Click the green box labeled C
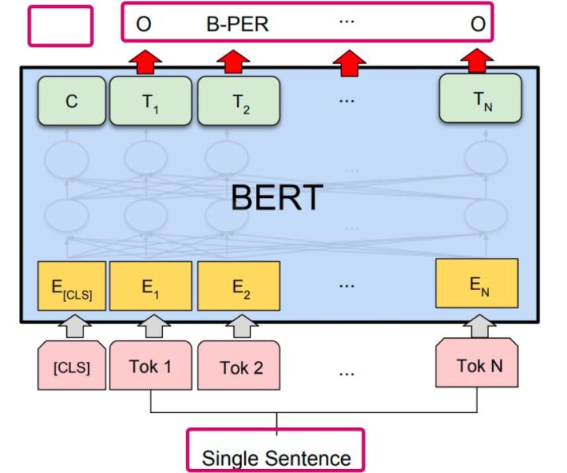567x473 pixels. tap(72, 102)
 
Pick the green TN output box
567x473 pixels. tap(480, 98)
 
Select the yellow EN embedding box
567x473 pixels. tap(476, 281)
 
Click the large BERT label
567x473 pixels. tap(277, 198)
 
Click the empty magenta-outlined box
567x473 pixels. tap(61, 25)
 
